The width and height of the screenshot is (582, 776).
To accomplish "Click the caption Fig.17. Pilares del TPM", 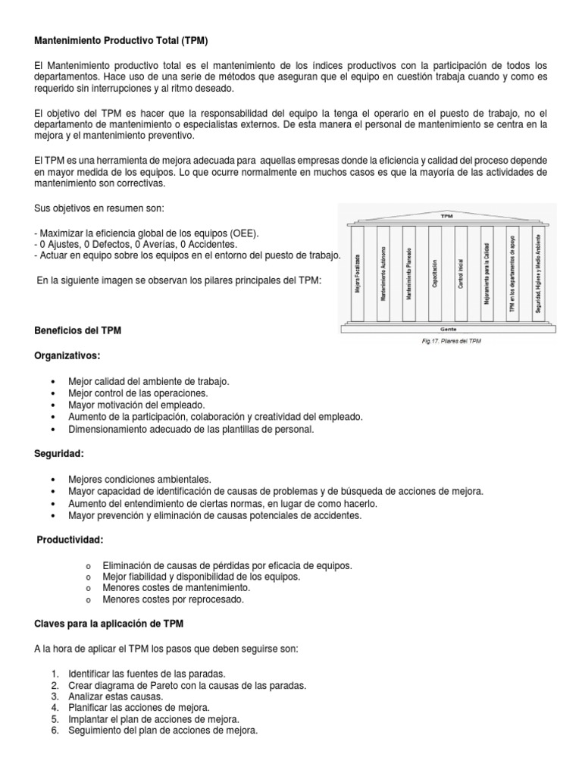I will point(452,341).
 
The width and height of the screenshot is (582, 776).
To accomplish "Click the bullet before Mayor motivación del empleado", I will point(52,405).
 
